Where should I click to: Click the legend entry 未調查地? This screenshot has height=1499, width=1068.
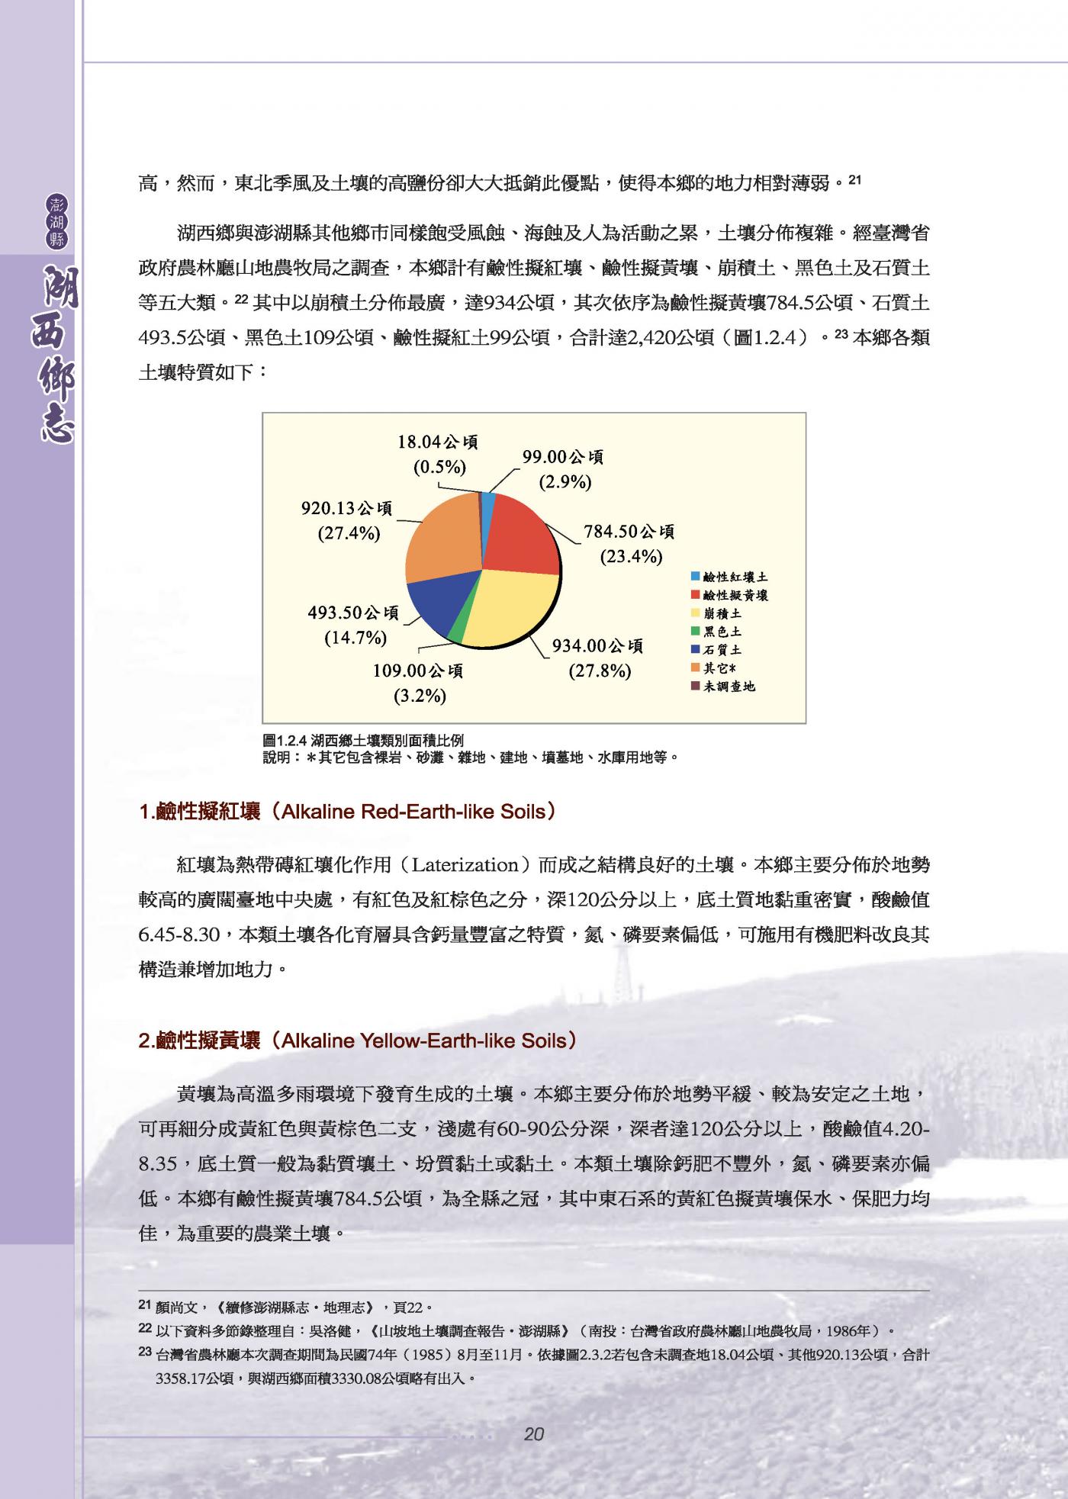[729, 687]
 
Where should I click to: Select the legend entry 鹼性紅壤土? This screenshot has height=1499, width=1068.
[735, 577]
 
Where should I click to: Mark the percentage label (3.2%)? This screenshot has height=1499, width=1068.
[420, 696]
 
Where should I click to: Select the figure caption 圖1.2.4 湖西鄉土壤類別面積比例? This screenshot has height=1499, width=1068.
[362, 741]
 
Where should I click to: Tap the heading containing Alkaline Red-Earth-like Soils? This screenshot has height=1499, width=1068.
[347, 812]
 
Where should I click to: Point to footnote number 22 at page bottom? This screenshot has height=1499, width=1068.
[144, 1329]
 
